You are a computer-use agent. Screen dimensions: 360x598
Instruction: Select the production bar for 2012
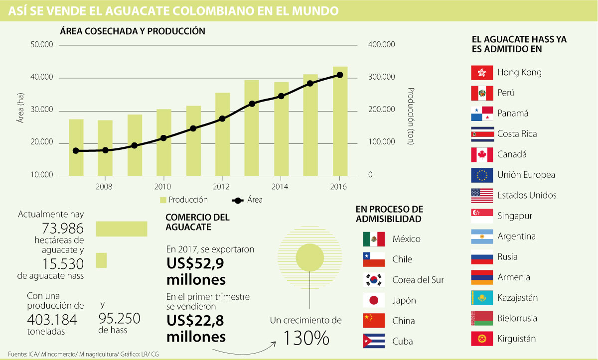tap(222, 134)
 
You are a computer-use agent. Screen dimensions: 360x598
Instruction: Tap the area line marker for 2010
tap(163, 138)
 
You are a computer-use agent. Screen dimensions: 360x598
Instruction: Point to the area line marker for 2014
tap(281, 96)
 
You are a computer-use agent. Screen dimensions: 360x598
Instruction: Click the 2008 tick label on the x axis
tap(104, 187)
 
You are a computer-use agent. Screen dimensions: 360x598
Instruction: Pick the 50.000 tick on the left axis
tap(42, 45)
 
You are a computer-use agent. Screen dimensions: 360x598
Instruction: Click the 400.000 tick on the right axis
tap(381, 45)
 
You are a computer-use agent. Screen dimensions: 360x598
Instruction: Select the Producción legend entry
tap(183, 200)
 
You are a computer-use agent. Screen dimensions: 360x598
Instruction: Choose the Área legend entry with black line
tap(248, 200)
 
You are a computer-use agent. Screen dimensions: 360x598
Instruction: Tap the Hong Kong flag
tap(482, 73)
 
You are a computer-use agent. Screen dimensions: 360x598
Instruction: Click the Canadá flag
tap(482, 154)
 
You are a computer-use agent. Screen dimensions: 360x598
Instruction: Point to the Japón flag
tap(374, 300)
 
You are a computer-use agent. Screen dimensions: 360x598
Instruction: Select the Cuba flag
tap(374, 341)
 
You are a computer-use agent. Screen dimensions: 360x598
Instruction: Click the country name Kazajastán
tap(517, 298)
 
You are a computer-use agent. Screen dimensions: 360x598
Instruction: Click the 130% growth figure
tap(306, 338)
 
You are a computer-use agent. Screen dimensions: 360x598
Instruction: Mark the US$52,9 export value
tap(196, 263)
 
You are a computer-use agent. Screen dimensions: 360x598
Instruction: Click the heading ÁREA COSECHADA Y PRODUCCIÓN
tap(133, 31)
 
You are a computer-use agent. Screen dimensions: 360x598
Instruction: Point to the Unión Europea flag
tap(482, 175)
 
